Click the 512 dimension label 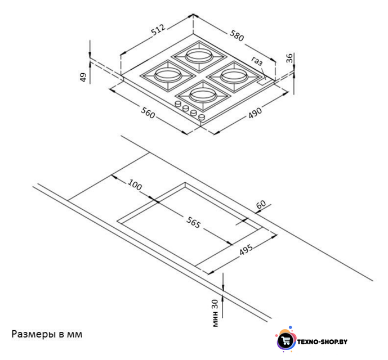(158, 29)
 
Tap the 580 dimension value (237, 35)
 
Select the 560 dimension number (148, 112)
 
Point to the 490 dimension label (255, 112)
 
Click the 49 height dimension (84, 77)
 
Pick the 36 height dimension (289, 57)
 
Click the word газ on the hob (257, 61)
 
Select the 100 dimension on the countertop (135, 184)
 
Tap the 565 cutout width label (194, 222)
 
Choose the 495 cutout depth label (246, 250)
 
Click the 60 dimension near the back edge (261, 205)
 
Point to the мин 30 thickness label (216, 313)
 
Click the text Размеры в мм (47, 334)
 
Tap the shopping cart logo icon (286, 341)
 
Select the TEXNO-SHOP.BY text (322, 342)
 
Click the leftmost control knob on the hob (178, 104)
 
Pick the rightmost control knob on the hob (202, 117)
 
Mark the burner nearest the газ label (234, 76)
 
